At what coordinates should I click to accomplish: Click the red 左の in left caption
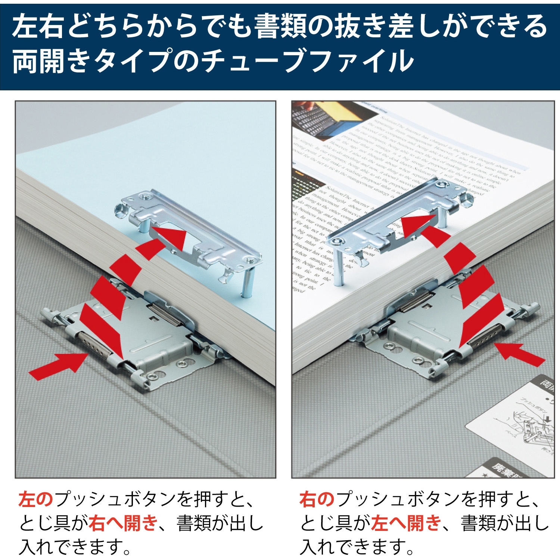click(x=36, y=499)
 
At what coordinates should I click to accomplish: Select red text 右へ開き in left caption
click(x=123, y=523)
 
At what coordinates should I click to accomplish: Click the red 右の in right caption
click(x=317, y=499)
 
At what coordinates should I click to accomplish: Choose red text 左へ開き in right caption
click(x=406, y=523)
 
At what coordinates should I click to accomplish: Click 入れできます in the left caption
click(x=75, y=547)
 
